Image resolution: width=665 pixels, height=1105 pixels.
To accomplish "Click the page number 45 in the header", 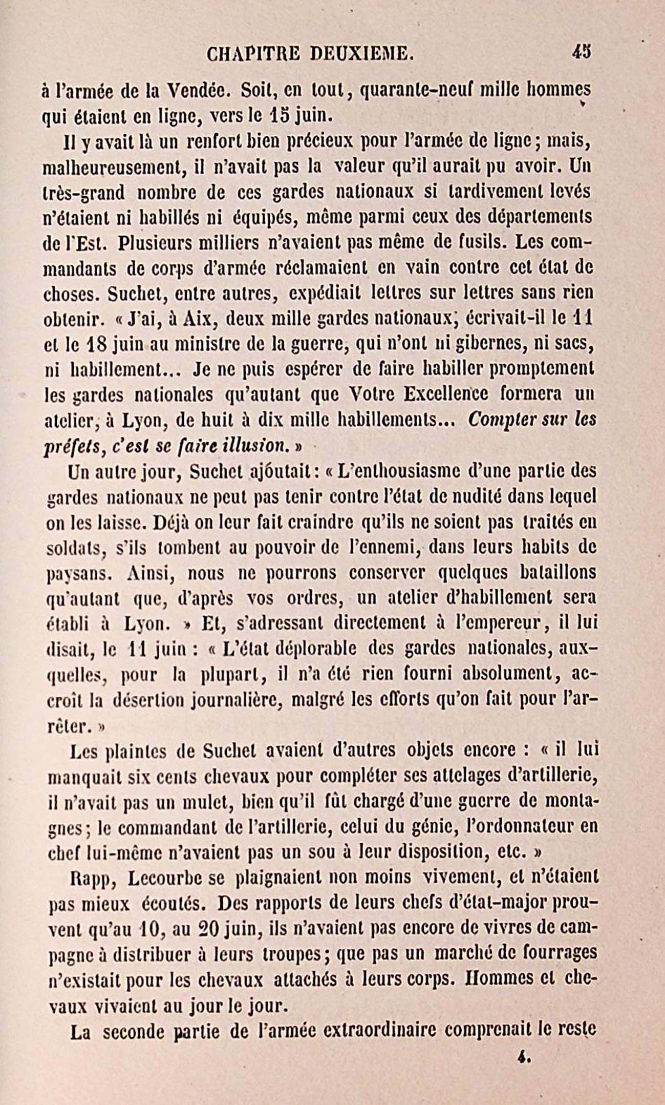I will click(x=582, y=52).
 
